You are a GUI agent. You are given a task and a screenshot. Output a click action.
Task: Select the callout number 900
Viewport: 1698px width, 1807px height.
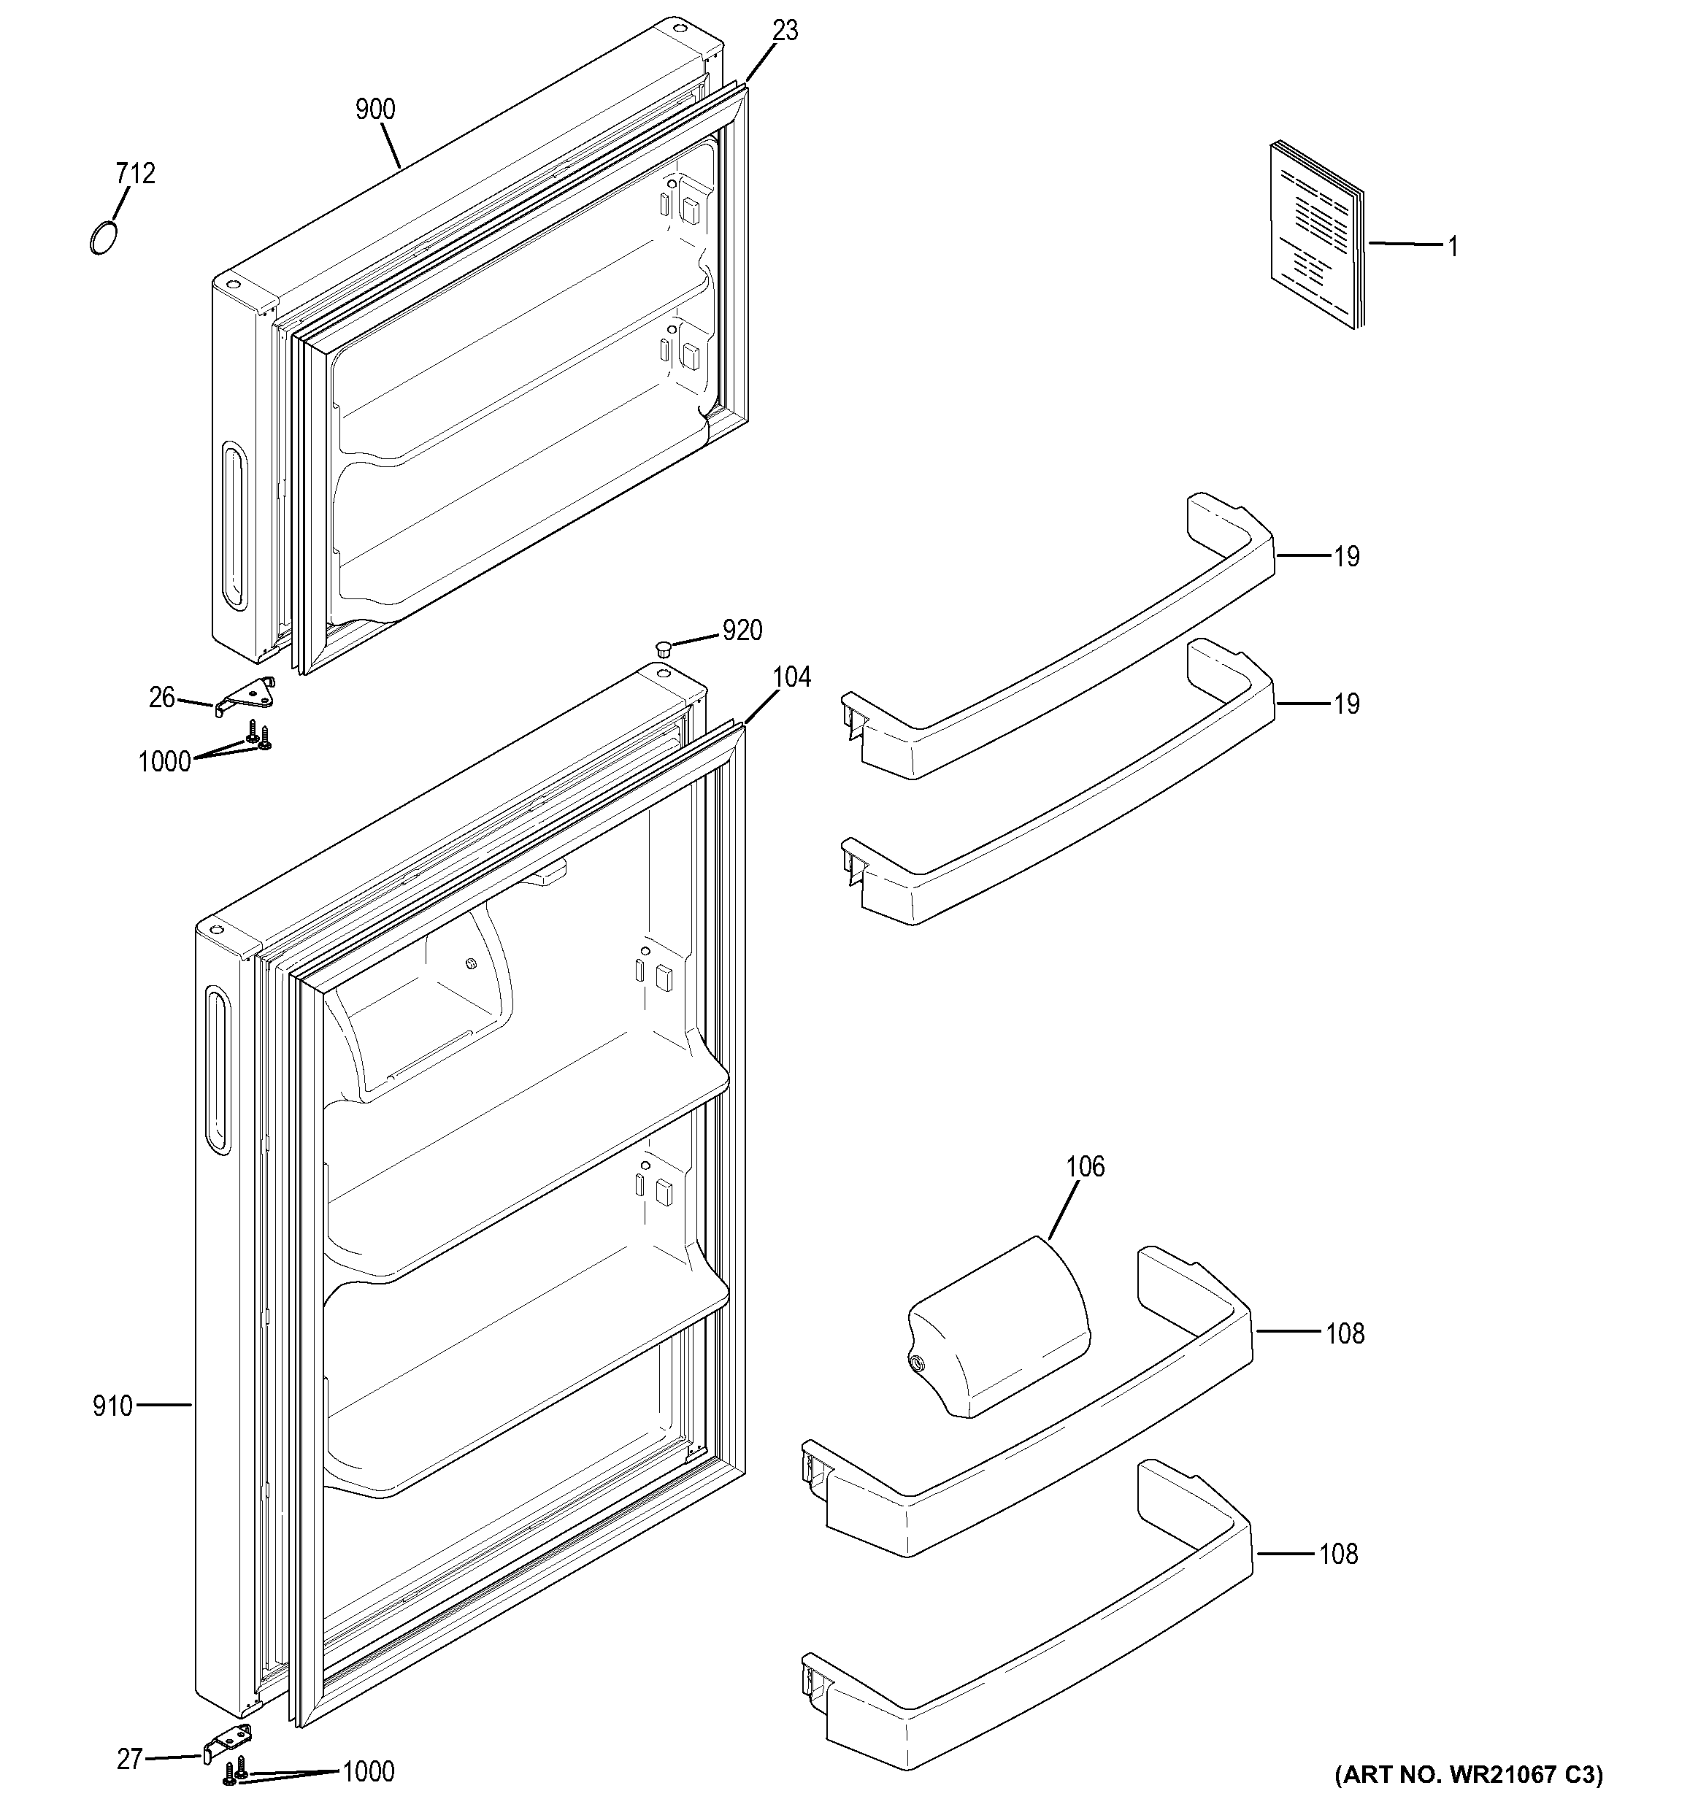[374, 110]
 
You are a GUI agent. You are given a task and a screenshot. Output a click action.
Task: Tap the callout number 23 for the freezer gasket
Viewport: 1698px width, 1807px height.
[785, 31]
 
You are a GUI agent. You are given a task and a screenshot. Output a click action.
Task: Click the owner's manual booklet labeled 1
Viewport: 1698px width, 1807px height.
[1317, 236]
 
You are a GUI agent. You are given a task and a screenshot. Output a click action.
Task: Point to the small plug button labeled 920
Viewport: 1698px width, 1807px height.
[663, 648]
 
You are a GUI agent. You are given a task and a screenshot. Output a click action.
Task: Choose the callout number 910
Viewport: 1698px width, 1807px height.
[112, 1406]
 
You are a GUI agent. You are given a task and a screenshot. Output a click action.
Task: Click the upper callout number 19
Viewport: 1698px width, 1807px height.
[1346, 556]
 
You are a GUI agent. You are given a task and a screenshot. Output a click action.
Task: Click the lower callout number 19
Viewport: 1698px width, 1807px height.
[1346, 704]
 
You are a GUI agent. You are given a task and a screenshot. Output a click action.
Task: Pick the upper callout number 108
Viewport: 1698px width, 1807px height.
[1345, 1333]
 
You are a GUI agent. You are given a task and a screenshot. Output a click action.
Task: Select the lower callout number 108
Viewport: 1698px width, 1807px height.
[1338, 1554]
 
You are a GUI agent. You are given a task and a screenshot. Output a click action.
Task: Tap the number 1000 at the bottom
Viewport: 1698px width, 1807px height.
[368, 1771]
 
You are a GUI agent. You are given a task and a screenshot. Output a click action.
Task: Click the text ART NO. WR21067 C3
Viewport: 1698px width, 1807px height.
[1468, 1774]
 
